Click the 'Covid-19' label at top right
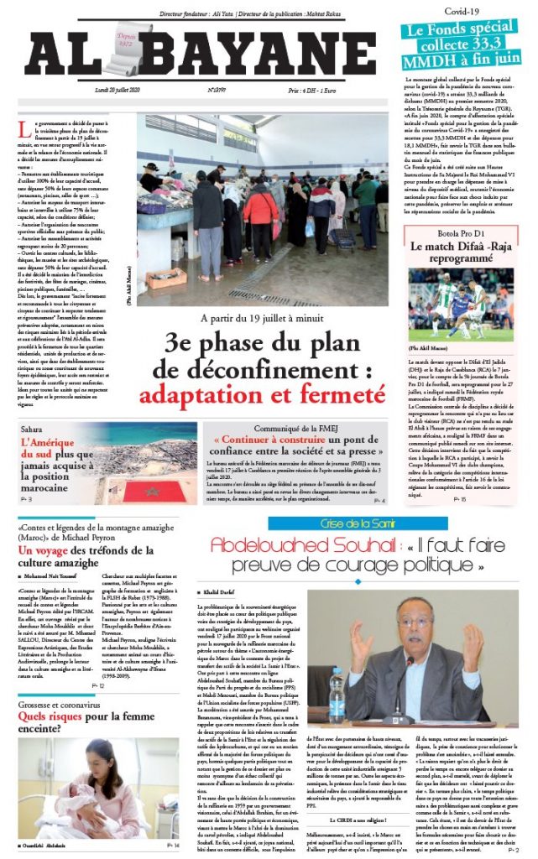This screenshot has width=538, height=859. (461, 12)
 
